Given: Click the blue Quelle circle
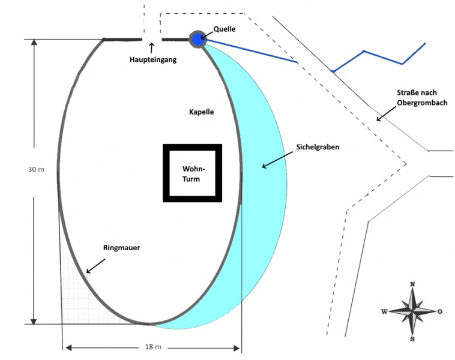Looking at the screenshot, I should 197,39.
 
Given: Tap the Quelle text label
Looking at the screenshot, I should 224,29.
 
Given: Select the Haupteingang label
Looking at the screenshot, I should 153,59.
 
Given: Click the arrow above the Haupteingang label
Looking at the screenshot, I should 151,47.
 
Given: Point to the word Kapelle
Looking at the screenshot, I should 201,112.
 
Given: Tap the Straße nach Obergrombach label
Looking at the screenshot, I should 421,98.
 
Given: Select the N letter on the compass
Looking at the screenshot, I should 412,284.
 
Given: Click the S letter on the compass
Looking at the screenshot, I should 412,339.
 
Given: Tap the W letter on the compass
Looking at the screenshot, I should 384,311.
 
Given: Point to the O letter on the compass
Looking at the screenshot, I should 440,311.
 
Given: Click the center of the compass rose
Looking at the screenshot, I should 412,311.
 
